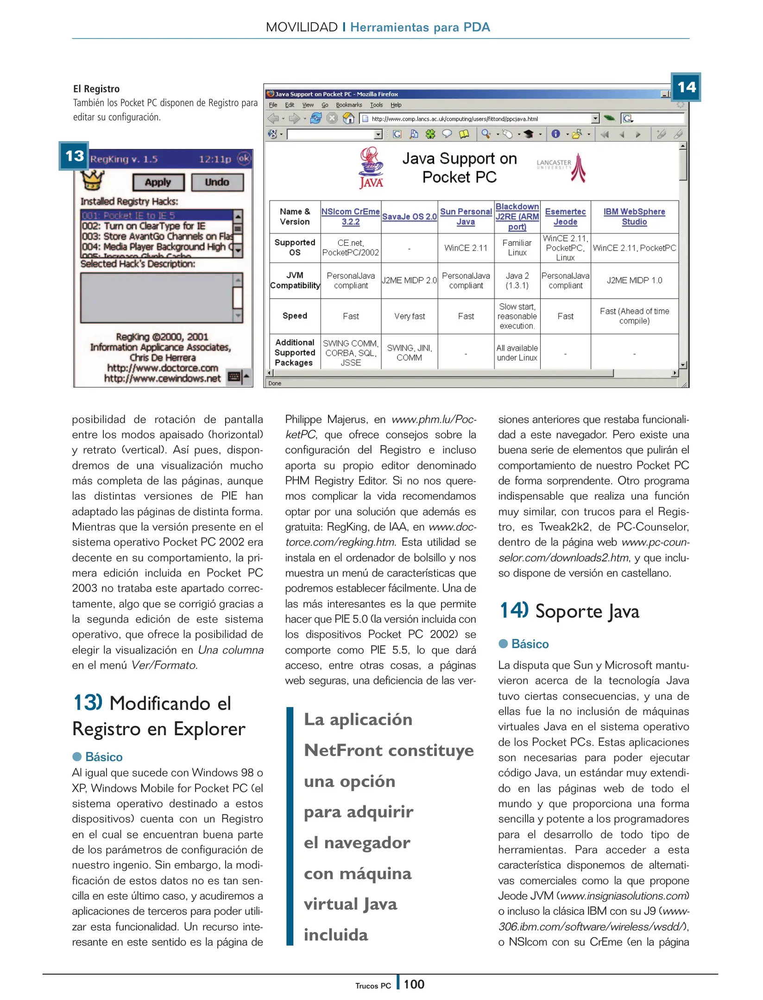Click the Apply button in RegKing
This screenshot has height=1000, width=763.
(158, 182)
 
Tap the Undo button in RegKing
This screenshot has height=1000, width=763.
(217, 182)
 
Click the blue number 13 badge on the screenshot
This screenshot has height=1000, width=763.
(74, 156)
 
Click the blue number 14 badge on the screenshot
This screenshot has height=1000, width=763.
(686, 87)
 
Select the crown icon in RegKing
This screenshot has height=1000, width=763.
(93, 180)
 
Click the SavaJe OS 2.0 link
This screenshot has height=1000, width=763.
(409, 216)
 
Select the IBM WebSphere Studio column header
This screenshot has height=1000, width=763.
(634, 216)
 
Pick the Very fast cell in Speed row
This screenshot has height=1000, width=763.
(409, 316)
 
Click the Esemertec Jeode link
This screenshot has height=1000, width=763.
(565, 216)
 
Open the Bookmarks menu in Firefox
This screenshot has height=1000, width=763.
(349, 105)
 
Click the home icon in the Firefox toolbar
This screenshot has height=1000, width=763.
(348, 119)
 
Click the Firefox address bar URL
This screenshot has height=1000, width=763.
(454, 119)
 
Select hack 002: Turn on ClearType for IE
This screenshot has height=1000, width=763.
(144, 226)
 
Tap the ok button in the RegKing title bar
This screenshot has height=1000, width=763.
(244, 159)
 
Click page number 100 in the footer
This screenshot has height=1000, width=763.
(413, 984)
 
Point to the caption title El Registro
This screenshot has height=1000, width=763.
(96, 89)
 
